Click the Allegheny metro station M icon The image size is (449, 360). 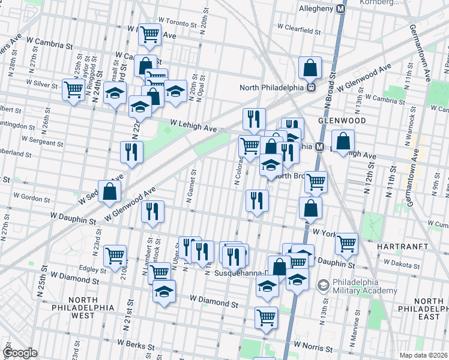(x=341, y=9)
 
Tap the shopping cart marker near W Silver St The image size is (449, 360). (x=73, y=90)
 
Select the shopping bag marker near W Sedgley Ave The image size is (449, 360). (x=110, y=191)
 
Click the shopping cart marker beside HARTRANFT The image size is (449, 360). (x=346, y=243)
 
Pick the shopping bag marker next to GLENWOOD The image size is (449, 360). (x=342, y=142)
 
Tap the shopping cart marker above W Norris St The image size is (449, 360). (x=266, y=317)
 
